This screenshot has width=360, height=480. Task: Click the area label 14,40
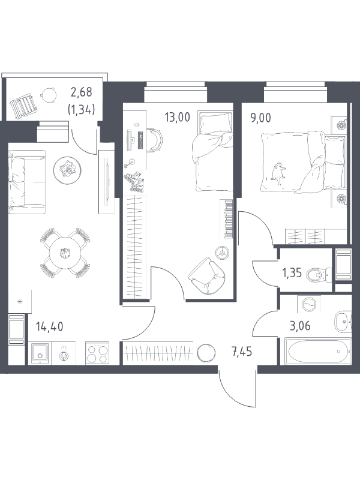pyautogui.click(x=49, y=327)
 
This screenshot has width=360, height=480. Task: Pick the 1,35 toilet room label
pyautogui.click(x=292, y=275)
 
